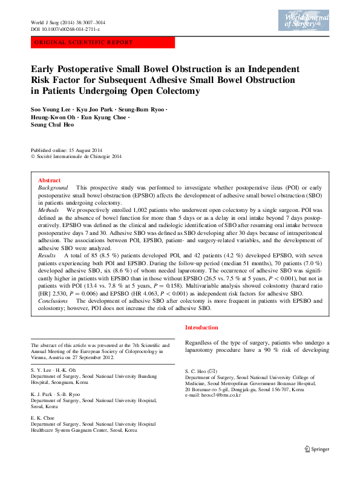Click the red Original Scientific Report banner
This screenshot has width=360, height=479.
point(102,43)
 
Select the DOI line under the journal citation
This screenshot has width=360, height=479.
point(65,29)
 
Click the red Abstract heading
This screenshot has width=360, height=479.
point(49,180)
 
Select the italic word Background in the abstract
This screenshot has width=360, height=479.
point(52,189)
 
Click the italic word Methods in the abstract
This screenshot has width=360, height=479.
point(49,210)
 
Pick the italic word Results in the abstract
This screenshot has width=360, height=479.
point(48,256)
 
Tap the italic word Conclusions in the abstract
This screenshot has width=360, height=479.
point(53,300)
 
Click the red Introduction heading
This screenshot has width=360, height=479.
point(203,328)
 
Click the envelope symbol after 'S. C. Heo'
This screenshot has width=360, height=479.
point(212,371)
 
